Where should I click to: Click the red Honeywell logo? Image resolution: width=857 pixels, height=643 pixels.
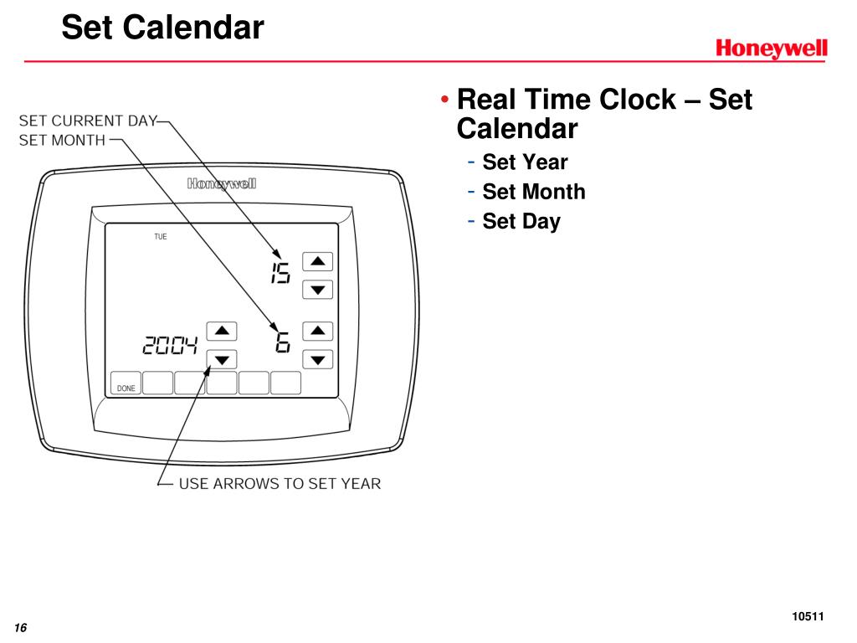point(771,49)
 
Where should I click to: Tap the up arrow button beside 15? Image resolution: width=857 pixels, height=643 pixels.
point(317,261)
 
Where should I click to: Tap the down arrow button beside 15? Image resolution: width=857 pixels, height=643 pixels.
point(317,289)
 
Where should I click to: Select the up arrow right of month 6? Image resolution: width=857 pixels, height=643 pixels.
point(317,331)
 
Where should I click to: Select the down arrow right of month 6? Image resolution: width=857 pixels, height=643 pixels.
point(317,359)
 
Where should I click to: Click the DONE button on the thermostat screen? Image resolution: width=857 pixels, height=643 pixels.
point(126,383)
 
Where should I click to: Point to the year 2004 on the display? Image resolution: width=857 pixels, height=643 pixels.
point(170,345)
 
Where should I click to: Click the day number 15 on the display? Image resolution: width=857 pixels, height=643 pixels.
point(281,272)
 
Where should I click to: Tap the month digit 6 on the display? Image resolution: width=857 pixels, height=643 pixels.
point(283,342)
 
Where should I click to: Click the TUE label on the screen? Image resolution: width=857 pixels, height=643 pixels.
point(160,237)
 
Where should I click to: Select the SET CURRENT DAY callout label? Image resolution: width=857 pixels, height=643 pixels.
point(88,121)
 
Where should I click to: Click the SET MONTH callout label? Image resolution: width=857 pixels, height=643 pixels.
point(62,141)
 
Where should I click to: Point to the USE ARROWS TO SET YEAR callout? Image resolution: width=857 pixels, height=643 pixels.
point(280,484)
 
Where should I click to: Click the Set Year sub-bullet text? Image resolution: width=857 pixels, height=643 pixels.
point(525,162)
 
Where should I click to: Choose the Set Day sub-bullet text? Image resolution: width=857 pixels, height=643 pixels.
point(521,221)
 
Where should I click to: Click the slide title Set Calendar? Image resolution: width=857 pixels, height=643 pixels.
point(163,28)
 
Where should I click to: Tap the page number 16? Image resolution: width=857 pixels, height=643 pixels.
point(21,628)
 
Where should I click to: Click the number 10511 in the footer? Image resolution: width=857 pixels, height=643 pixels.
point(808,617)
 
